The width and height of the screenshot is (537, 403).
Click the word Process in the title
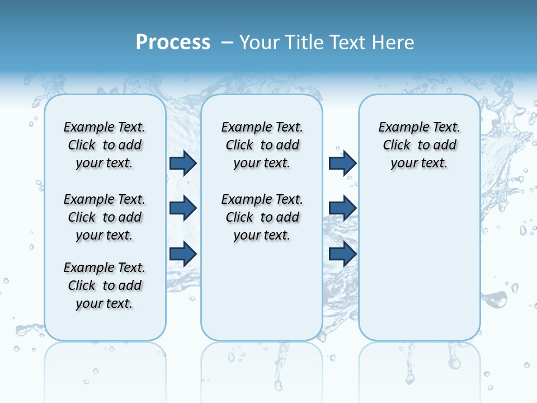(173, 43)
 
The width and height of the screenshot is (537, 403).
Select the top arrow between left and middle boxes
(183, 163)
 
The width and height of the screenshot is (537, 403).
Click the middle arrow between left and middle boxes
(183, 208)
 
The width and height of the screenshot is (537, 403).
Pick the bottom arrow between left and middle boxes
(183, 254)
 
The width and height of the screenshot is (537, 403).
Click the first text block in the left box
(105, 145)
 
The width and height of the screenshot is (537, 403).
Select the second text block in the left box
(105, 217)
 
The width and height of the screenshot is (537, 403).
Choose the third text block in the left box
(105, 285)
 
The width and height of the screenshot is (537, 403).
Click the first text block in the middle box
(262, 145)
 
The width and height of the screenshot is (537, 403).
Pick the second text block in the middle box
(262, 217)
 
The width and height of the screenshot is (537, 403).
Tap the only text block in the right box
(420, 145)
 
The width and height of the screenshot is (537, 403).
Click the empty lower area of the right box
(420, 269)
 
